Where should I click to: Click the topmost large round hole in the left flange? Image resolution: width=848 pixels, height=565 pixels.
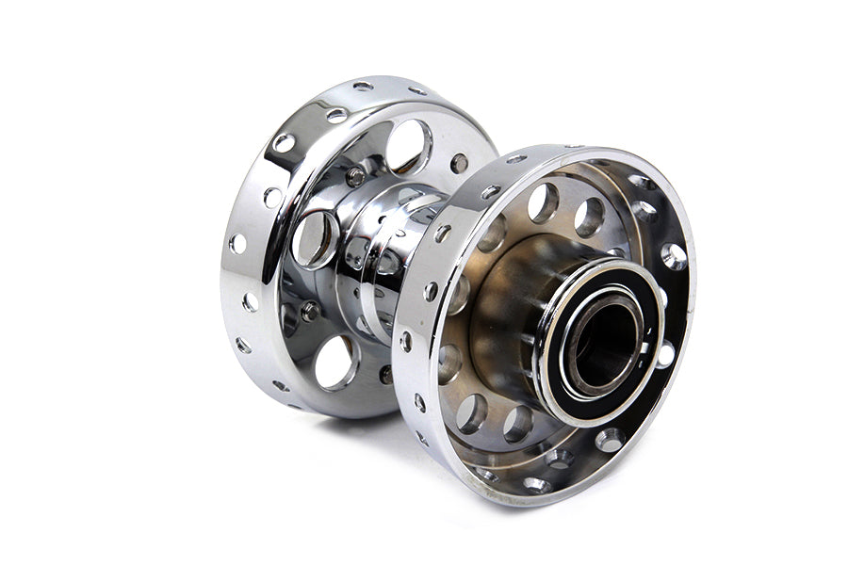pos(407,146)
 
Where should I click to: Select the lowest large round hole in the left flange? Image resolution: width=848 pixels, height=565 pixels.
pos(334,363)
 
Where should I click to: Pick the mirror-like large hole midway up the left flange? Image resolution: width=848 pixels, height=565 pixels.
pos(316,239)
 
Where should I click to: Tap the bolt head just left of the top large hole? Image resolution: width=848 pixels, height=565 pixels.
pos(355,176)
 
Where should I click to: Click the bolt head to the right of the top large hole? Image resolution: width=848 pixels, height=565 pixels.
pos(459,163)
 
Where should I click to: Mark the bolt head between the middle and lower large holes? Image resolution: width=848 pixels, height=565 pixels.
pos(310,311)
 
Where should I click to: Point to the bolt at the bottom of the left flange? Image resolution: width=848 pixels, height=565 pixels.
pos(386,374)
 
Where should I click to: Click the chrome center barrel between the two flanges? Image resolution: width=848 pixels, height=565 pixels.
pos(386,254)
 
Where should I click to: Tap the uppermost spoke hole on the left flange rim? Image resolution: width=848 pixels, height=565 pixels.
pos(363,87)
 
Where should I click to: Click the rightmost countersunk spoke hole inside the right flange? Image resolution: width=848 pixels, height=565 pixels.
pos(674,255)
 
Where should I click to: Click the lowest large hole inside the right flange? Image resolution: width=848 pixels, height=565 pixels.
pos(516,424)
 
